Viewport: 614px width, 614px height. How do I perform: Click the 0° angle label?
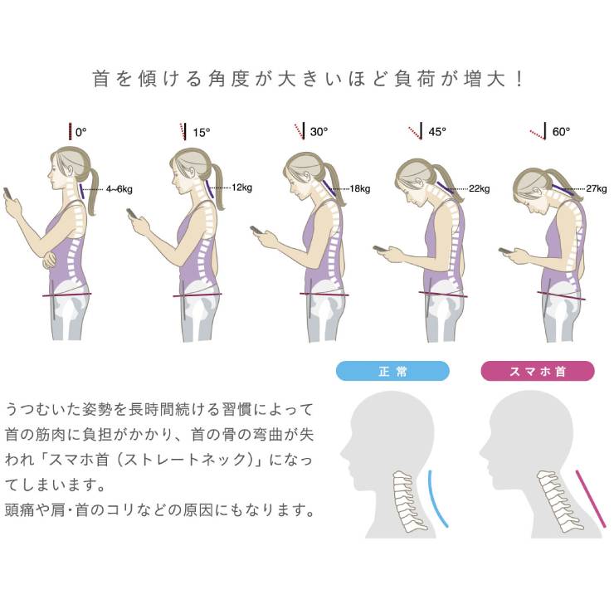80,132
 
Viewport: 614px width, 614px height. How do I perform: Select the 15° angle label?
202,133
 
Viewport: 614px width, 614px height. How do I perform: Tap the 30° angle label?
319,132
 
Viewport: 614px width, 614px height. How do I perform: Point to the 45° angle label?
437,132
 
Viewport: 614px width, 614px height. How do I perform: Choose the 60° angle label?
561,132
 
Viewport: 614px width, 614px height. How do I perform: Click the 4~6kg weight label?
119,189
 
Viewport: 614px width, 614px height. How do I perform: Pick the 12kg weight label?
241,188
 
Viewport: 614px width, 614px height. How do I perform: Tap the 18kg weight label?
360,188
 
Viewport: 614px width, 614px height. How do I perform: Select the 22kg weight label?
480,188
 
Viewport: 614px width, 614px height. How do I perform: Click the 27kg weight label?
597,188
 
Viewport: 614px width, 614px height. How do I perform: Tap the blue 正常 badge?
392,371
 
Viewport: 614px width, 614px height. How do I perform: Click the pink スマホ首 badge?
538,371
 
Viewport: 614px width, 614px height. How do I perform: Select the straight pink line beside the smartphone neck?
591,499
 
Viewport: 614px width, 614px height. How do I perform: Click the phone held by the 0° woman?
7,193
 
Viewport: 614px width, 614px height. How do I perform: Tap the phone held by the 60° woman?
506,250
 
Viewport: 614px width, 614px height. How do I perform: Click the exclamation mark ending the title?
519,79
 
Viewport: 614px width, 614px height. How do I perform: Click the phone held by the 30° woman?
258,230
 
